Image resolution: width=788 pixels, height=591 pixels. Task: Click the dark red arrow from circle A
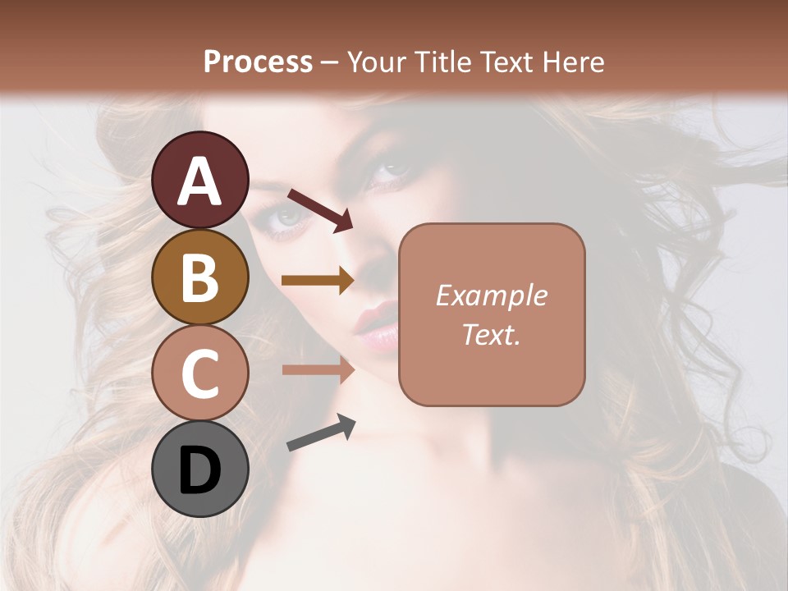pyautogui.click(x=320, y=209)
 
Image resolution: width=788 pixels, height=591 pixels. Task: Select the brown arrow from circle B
pyautogui.click(x=318, y=280)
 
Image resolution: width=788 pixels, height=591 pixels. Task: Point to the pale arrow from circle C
pyautogui.click(x=318, y=369)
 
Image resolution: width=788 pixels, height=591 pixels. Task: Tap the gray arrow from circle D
pyautogui.click(x=321, y=433)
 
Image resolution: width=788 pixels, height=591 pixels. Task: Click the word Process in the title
pyautogui.click(x=258, y=62)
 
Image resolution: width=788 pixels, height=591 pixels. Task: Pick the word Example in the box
pyautogui.click(x=491, y=295)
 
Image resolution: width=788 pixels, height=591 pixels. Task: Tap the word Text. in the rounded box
pyautogui.click(x=491, y=334)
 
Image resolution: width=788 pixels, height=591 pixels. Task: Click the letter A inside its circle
pyautogui.click(x=200, y=181)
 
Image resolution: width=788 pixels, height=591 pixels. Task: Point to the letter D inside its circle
pyautogui.click(x=200, y=470)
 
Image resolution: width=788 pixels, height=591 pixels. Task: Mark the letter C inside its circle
pyautogui.click(x=200, y=373)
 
